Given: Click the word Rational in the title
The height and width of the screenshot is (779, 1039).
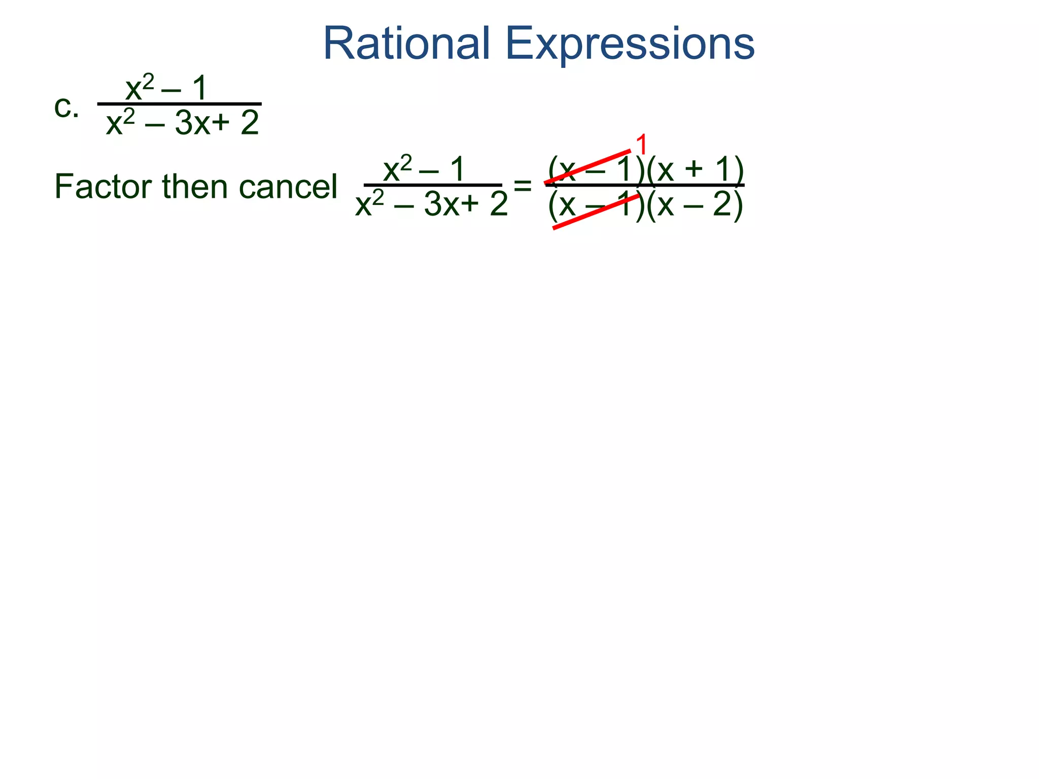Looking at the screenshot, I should (x=406, y=44).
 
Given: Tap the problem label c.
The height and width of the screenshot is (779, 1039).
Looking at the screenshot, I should (x=66, y=107).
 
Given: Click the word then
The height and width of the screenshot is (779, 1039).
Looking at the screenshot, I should (x=195, y=187).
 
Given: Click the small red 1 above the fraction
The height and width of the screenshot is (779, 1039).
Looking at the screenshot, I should (x=641, y=145).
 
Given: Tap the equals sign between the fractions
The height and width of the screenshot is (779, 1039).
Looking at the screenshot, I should (x=523, y=186).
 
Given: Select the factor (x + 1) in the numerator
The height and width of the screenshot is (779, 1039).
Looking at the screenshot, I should (x=695, y=169).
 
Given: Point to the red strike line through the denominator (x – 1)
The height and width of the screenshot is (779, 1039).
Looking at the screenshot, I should (x=596, y=212).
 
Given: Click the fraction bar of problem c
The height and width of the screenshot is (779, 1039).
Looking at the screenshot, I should (x=179, y=104).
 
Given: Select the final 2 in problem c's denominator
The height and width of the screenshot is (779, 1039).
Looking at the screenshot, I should (x=250, y=123).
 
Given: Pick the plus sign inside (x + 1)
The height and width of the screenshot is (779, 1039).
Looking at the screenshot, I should (x=694, y=169).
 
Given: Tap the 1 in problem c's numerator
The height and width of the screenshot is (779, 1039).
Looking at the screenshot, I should (x=199, y=88).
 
